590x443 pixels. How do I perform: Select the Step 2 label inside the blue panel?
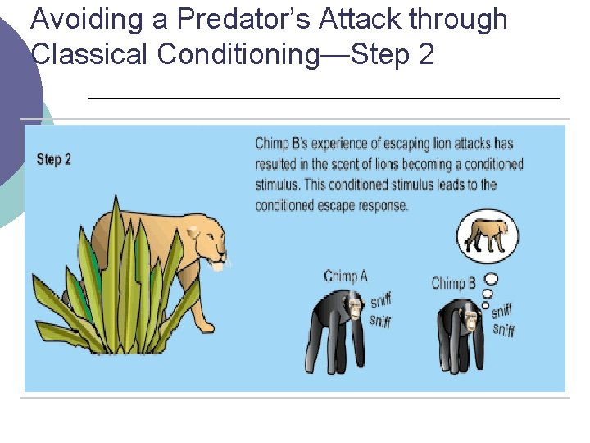coord(54,159)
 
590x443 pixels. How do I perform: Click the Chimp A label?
coord(346,276)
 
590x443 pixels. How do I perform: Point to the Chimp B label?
coord(454,283)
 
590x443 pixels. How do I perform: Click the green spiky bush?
coord(123,287)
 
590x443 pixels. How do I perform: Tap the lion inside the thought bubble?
coord(487,236)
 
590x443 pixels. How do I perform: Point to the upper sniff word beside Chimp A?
coord(381,300)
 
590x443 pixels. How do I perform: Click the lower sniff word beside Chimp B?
coord(503,330)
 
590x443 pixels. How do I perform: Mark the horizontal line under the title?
coord(324,98)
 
